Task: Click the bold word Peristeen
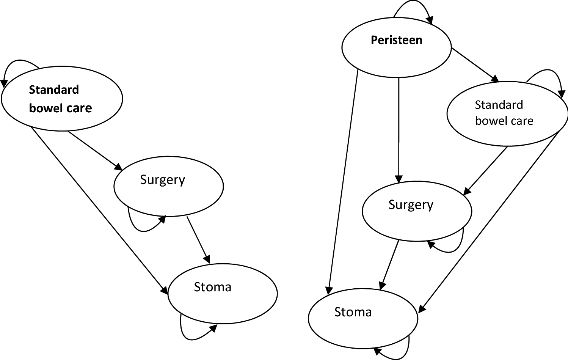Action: click(396, 40)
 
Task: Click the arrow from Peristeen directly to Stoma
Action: click(343, 182)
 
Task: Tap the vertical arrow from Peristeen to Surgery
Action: click(399, 129)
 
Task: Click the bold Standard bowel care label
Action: click(60, 99)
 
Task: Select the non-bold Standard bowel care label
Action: click(504, 113)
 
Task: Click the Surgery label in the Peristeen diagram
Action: click(411, 205)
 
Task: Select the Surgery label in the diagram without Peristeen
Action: click(162, 180)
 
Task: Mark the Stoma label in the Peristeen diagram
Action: click(353, 312)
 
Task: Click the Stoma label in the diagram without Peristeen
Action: click(212, 287)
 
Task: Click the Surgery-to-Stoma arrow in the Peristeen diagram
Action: click(389, 265)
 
